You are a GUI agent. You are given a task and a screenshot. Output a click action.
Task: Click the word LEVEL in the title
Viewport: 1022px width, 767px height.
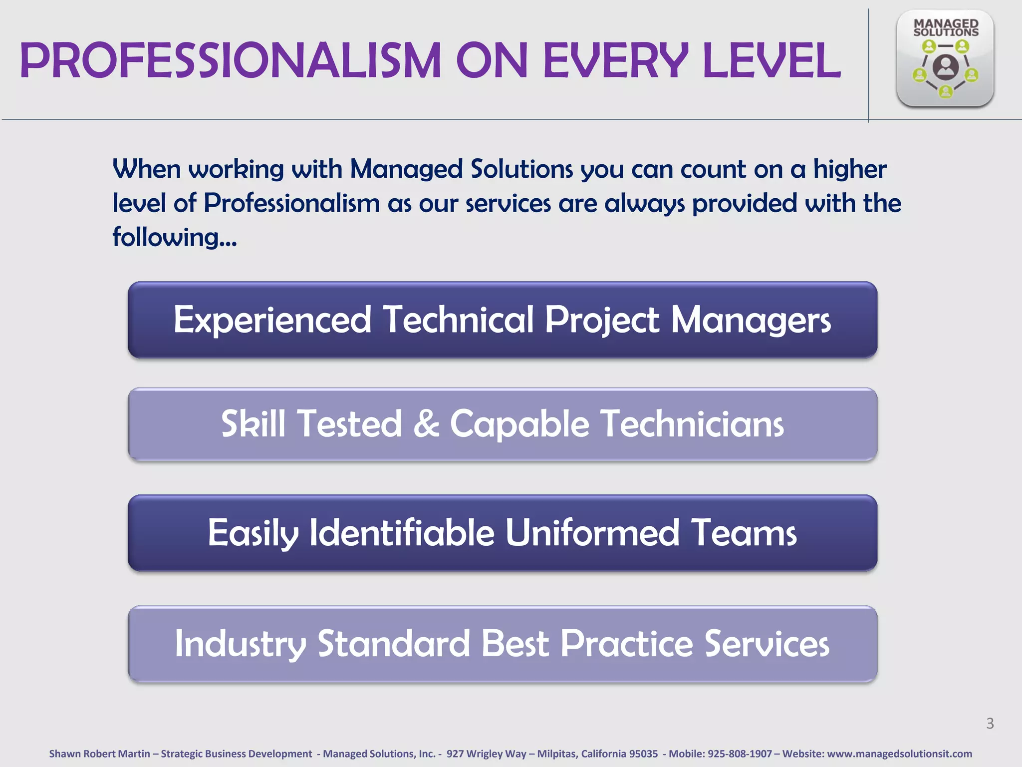tap(771, 60)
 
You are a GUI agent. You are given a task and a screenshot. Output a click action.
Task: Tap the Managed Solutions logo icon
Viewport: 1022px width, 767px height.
tap(945, 58)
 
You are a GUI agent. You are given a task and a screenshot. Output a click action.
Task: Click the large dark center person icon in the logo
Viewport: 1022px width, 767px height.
tap(945, 67)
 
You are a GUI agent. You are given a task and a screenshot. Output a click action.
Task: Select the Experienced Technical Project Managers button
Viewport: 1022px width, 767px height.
tap(502, 320)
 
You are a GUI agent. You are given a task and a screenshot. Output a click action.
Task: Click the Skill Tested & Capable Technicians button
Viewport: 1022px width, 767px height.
tap(502, 424)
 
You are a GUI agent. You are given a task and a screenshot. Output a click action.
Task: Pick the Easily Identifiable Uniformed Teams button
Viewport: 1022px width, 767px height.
tap(502, 533)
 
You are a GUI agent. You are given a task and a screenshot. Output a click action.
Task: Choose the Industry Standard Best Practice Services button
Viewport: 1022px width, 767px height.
tap(502, 644)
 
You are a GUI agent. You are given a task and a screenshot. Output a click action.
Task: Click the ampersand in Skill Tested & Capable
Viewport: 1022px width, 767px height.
tap(426, 424)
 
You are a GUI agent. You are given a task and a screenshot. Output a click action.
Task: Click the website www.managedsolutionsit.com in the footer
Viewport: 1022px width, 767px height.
tap(899, 754)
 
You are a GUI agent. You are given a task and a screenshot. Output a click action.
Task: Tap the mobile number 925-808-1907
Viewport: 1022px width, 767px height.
tap(740, 754)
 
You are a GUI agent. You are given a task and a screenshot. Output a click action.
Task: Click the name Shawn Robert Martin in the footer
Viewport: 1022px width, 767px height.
tap(99, 754)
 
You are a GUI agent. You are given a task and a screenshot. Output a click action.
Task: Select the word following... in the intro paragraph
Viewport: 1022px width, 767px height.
tap(174, 238)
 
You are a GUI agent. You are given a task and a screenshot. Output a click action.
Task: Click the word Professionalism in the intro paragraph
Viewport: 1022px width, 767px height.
tap(291, 204)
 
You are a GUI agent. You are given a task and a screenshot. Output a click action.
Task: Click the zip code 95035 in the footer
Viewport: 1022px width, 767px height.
tap(643, 754)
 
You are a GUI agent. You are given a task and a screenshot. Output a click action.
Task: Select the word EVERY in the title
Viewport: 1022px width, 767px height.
tap(615, 60)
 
